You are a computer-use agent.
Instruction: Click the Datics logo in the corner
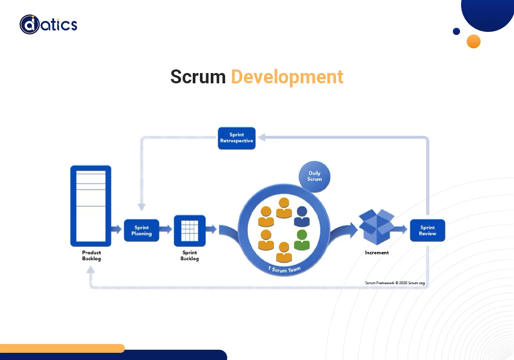point(48,25)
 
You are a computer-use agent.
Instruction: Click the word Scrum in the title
point(198,77)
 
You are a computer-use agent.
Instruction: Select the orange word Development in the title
point(287,77)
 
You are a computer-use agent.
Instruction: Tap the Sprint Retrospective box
point(236,138)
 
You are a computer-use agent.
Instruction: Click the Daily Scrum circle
point(315,176)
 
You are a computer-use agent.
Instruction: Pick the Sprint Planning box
point(141,230)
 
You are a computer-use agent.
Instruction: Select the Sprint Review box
point(427,230)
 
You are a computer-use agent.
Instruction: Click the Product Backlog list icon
point(91,206)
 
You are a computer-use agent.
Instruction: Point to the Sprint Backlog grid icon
point(190,230)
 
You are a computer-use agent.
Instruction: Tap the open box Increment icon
point(376,227)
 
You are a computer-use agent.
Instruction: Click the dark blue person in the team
point(302,216)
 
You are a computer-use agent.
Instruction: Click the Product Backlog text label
point(91,256)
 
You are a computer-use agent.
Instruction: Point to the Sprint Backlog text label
point(190,256)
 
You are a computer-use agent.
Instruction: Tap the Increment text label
point(377,253)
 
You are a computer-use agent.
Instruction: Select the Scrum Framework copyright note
point(395,282)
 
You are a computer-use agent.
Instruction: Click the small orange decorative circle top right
point(473,41)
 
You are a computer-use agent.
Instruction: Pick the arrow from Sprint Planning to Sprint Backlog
point(166,231)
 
